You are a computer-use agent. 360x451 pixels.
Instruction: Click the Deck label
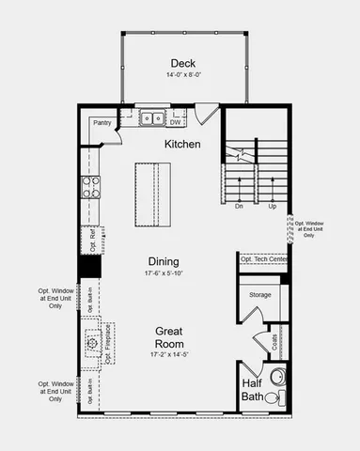click(183, 63)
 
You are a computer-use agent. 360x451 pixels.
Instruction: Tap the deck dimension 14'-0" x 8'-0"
click(183, 75)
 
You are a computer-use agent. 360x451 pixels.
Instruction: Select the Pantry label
click(102, 122)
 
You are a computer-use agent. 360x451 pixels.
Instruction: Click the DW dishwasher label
click(176, 121)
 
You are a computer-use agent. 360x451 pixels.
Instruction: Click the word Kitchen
click(183, 144)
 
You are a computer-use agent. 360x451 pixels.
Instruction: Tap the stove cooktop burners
click(91, 187)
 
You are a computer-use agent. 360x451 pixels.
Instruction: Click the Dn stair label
click(240, 205)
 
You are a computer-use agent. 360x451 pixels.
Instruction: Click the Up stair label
click(272, 205)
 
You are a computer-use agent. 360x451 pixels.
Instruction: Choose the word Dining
click(163, 261)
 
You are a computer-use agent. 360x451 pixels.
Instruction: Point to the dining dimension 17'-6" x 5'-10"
click(163, 273)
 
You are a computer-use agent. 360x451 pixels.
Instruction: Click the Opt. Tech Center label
click(263, 259)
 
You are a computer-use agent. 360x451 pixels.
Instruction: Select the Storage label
click(260, 295)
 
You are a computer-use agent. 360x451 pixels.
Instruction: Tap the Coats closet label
click(274, 342)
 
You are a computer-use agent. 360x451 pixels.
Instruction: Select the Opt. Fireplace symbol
click(93, 344)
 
